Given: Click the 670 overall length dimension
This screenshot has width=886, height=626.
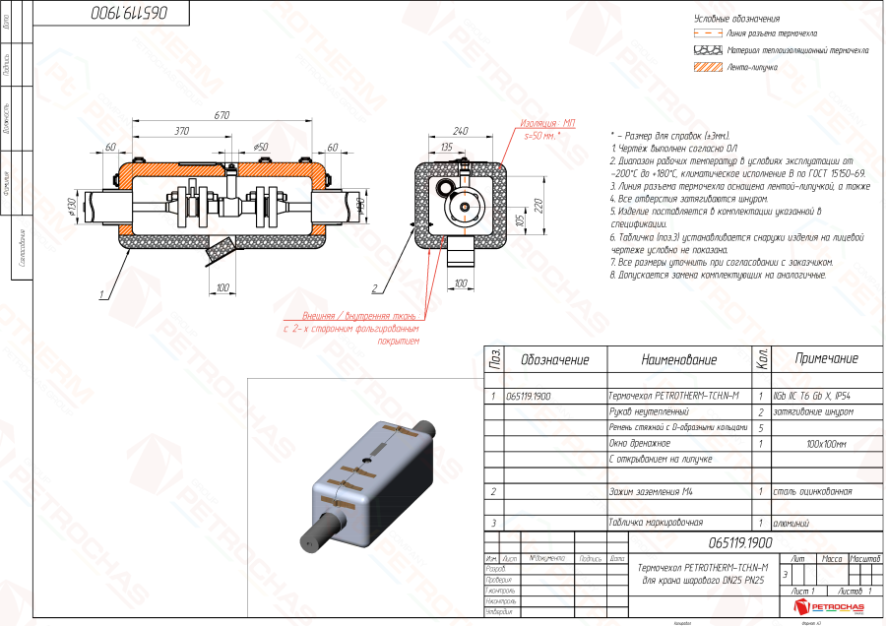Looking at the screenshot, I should [x=221, y=115].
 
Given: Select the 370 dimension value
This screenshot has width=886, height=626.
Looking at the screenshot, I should [x=182, y=131].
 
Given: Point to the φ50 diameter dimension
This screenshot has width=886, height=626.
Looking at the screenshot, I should [x=261, y=147].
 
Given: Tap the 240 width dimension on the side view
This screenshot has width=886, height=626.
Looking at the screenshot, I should [x=460, y=131].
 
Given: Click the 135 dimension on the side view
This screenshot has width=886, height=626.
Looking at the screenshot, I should [x=446, y=147].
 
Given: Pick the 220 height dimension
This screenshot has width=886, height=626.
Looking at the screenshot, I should [x=538, y=204].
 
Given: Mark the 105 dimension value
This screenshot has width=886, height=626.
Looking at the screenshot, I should [x=520, y=218].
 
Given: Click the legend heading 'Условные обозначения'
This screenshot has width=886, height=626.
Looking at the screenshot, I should [x=736, y=19].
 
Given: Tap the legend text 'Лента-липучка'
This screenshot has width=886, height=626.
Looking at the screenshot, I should [x=753, y=68].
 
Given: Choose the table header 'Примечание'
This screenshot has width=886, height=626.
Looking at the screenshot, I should [x=826, y=359].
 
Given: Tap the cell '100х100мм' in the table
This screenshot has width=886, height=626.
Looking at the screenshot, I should [x=826, y=443].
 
